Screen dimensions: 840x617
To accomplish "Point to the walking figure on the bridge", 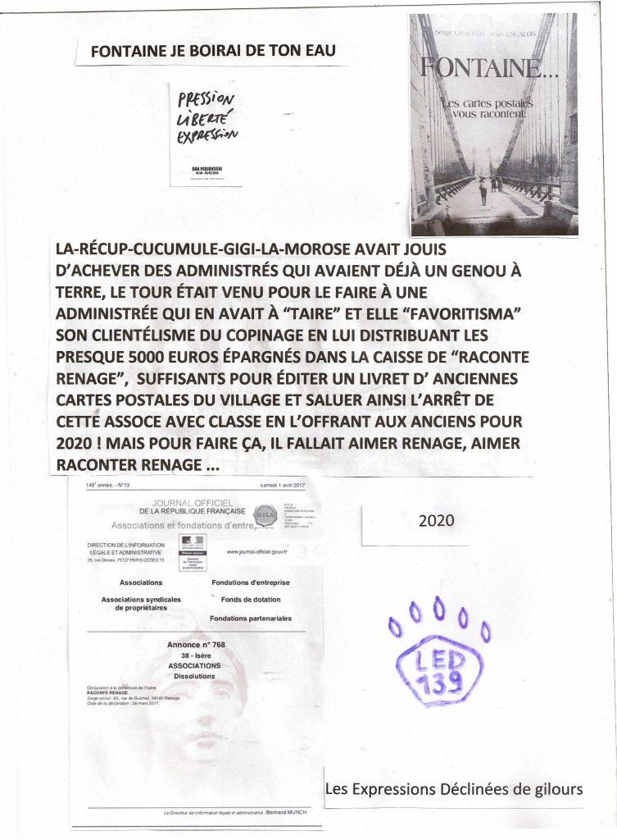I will (483, 191).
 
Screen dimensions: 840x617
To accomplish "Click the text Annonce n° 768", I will (196, 645).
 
